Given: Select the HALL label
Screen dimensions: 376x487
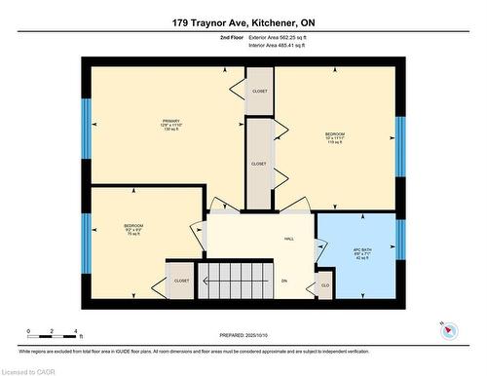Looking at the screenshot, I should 289,238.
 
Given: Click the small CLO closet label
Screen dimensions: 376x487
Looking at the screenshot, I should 324,286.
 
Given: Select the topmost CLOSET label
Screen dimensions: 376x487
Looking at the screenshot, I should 259,91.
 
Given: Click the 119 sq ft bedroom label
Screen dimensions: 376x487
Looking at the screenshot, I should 335,138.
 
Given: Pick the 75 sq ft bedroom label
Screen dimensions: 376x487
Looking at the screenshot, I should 133,230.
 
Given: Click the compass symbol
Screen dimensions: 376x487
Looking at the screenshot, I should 448,328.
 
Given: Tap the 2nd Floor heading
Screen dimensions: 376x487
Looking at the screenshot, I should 233,39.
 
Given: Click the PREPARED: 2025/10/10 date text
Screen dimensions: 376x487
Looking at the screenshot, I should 243,337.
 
